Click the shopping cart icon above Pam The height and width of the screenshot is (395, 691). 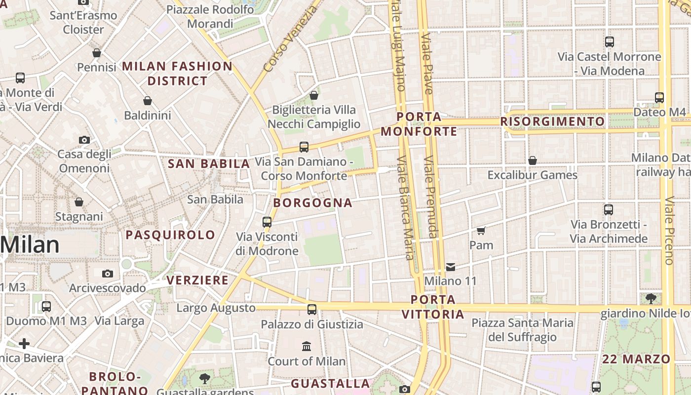[x=481, y=231]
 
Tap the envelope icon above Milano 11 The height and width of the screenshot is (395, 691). [x=451, y=267]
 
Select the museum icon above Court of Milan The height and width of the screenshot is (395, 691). [x=307, y=346]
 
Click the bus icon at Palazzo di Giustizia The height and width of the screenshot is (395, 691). [x=312, y=310]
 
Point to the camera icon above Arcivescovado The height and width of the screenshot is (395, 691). [x=108, y=274]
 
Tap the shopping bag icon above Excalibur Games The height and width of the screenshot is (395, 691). [x=533, y=160]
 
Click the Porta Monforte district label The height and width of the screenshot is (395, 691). [x=419, y=124]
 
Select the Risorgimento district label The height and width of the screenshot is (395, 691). [x=552, y=121]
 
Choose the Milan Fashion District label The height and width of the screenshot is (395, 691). [x=177, y=74]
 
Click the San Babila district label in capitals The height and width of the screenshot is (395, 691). [x=209, y=163]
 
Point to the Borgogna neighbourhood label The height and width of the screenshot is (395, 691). [x=313, y=203]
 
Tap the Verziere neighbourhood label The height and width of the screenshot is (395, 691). [x=197, y=280]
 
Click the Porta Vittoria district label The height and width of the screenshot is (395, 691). [x=433, y=307]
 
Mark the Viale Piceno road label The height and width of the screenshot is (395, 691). [x=669, y=231]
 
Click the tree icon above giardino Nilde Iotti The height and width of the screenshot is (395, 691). [x=651, y=298]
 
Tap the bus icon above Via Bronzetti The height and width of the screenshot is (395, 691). [x=609, y=210]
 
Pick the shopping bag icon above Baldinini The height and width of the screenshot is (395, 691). [x=147, y=101]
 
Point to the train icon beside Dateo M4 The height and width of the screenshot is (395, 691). [x=659, y=98]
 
